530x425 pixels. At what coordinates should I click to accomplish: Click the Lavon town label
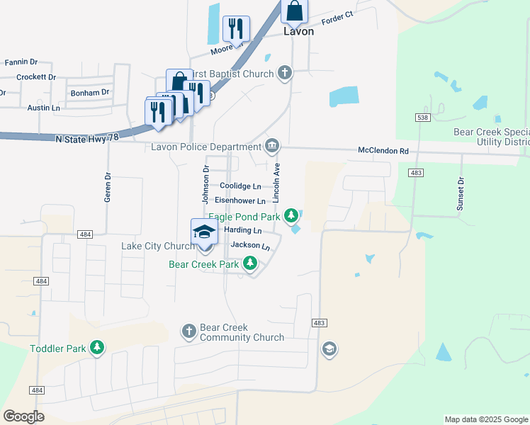pyautogui.click(x=298, y=32)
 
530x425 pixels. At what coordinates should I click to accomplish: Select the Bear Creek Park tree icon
pyautogui.click(x=249, y=264)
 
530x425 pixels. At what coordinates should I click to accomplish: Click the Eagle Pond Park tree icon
pyautogui.click(x=291, y=215)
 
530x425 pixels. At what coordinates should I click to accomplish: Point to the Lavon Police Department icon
pyautogui.click(x=272, y=147)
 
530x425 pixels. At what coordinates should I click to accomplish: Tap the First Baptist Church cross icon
pyautogui.click(x=284, y=73)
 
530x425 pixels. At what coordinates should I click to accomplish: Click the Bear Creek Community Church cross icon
pyautogui.click(x=188, y=331)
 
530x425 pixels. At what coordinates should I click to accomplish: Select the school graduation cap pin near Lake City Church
pyautogui.click(x=204, y=232)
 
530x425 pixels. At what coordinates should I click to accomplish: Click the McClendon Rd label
pyautogui.click(x=383, y=151)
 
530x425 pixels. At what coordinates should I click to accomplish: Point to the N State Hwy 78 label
pyautogui.click(x=86, y=140)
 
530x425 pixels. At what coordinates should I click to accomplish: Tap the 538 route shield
pyautogui.click(x=423, y=116)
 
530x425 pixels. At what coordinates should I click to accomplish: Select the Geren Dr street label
pyautogui.click(x=108, y=188)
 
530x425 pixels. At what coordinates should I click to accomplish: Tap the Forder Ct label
pyautogui.click(x=337, y=17)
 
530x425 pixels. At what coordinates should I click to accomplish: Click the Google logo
pyautogui.click(x=23, y=416)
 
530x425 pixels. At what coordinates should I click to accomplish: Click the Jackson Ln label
pyautogui.click(x=255, y=246)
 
